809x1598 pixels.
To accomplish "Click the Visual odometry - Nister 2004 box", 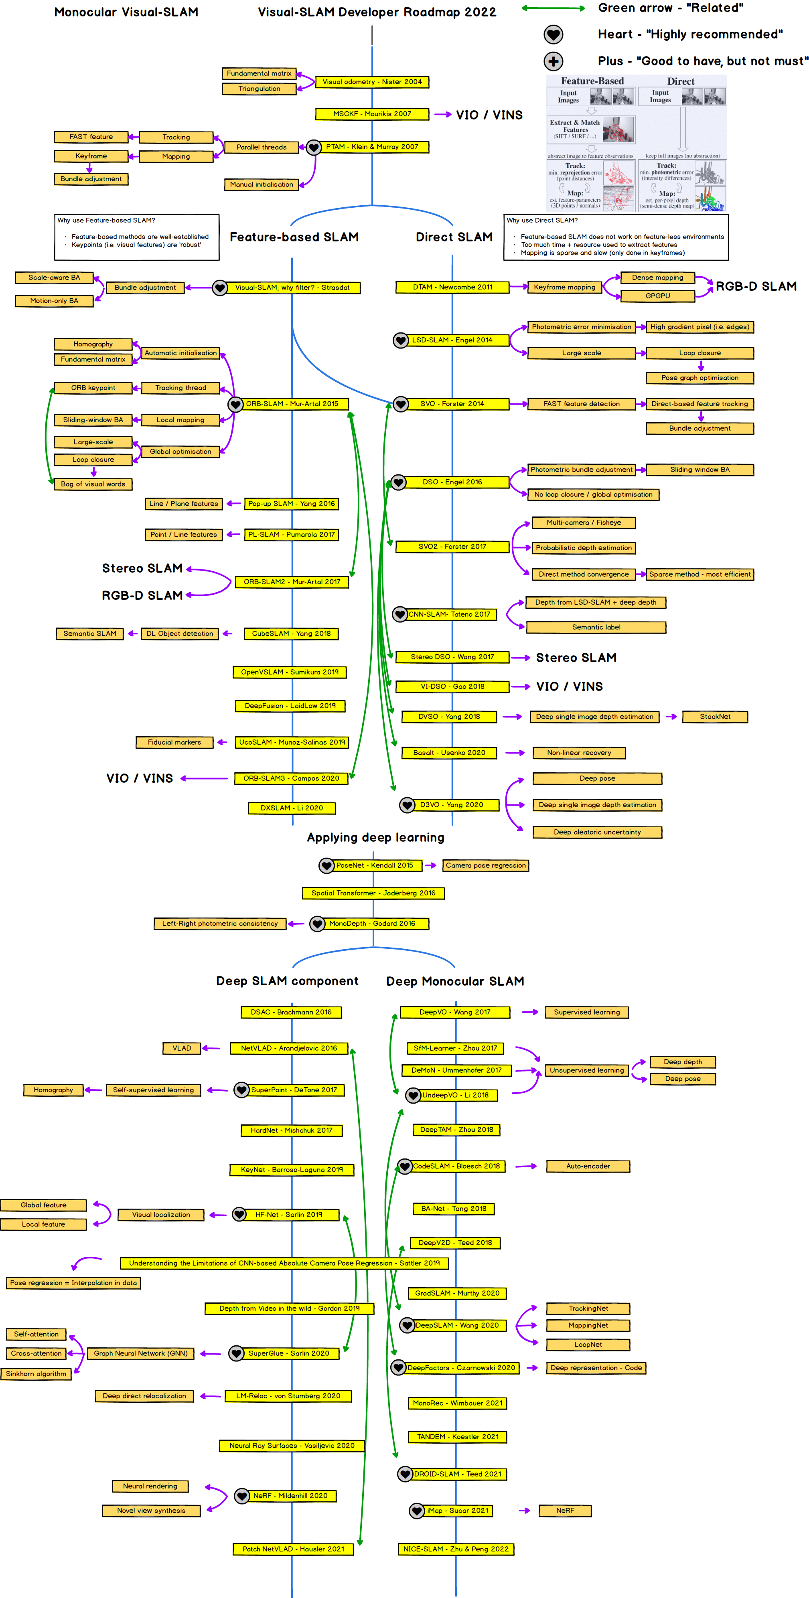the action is tap(372, 82).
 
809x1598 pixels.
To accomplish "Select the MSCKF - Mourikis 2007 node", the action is tap(372, 114).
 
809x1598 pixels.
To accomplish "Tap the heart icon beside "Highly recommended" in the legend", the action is tap(554, 35).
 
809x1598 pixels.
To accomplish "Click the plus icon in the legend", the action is tap(554, 61).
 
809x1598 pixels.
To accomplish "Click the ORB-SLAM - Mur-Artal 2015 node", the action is tap(292, 404).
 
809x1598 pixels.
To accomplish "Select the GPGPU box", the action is tap(658, 296).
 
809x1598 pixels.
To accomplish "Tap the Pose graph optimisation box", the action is tap(700, 378).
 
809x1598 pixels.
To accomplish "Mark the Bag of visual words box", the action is tap(93, 484).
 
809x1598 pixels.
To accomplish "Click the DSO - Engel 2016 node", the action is tap(452, 482).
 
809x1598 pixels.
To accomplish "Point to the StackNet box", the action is tap(715, 717).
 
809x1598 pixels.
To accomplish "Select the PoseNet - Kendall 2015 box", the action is tap(374, 865).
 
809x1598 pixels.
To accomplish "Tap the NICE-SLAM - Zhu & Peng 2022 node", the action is tap(456, 1549).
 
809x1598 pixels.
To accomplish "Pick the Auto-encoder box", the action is tap(588, 1166).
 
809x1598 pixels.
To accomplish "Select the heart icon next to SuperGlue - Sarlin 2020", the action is tap(236, 1353).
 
